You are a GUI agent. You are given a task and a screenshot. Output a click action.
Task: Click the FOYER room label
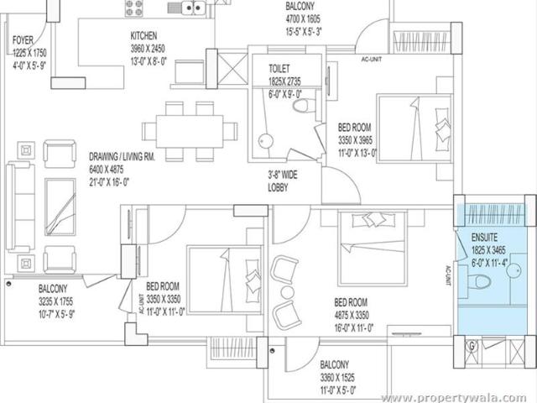point(22,39)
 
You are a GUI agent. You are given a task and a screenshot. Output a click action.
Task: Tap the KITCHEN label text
point(144,36)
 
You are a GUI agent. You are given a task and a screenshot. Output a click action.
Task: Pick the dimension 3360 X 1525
point(341,377)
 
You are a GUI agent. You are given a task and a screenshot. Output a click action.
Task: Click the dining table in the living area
point(183,131)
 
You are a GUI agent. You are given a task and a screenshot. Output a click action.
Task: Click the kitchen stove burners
point(135,8)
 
